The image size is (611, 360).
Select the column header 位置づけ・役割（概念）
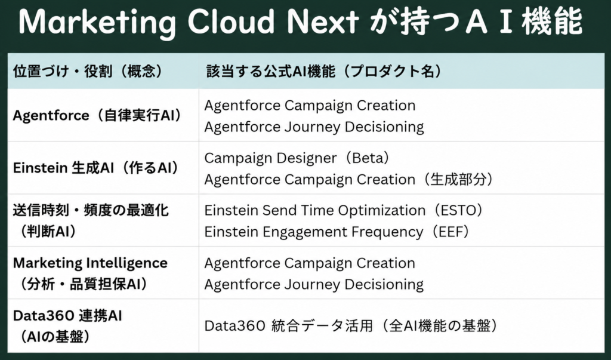click(x=88, y=72)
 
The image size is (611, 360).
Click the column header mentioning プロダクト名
click(x=325, y=72)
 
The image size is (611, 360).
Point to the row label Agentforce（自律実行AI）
click(x=98, y=115)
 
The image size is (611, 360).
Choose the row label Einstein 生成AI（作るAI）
click(x=96, y=168)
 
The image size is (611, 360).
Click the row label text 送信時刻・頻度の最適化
click(x=91, y=211)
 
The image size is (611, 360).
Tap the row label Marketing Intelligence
click(x=90, y=263)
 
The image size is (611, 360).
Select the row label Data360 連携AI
click(x=67, y=316)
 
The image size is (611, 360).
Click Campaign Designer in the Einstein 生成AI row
click(x=270, y=158)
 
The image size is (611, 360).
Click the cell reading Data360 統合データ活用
click(x=289, y=326)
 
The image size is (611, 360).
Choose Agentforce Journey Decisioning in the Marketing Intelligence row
click(x=314, y=285)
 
